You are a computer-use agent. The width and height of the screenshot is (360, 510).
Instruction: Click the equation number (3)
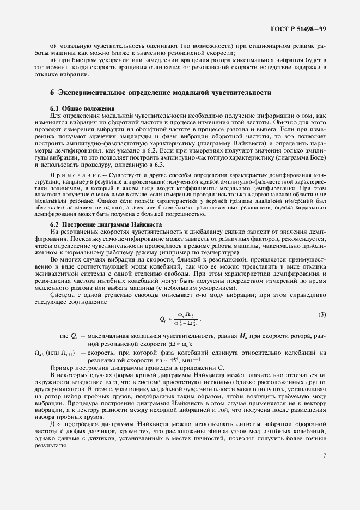[x=322, y=314]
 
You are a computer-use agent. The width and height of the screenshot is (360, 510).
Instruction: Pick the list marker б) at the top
[x=53, y=46]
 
